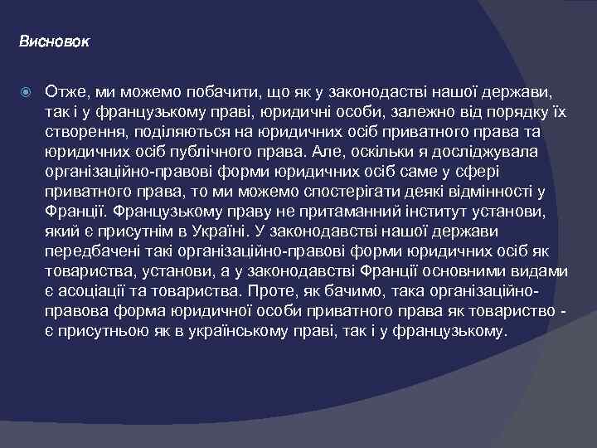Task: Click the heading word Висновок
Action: coord(54,40)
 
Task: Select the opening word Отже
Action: coord(64,88)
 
